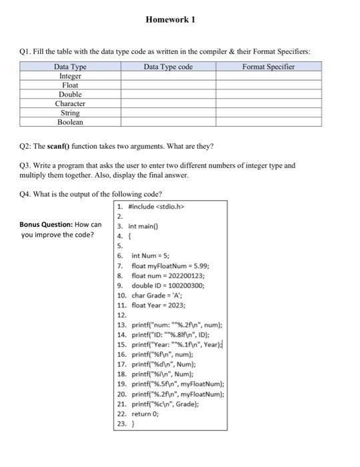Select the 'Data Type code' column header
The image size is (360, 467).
tap(168, 67)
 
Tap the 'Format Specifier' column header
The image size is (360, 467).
tap(268, 67)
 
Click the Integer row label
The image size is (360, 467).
tap(70, 76)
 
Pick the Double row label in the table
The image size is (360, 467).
tap(70, 95)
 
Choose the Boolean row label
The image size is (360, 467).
tap(70, 123)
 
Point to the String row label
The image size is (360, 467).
tap(70, 113)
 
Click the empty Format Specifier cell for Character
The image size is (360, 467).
tap(268, 104)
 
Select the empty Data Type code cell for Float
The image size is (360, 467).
tap(168, 85)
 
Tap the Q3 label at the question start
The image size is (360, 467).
tap(26, 165)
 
